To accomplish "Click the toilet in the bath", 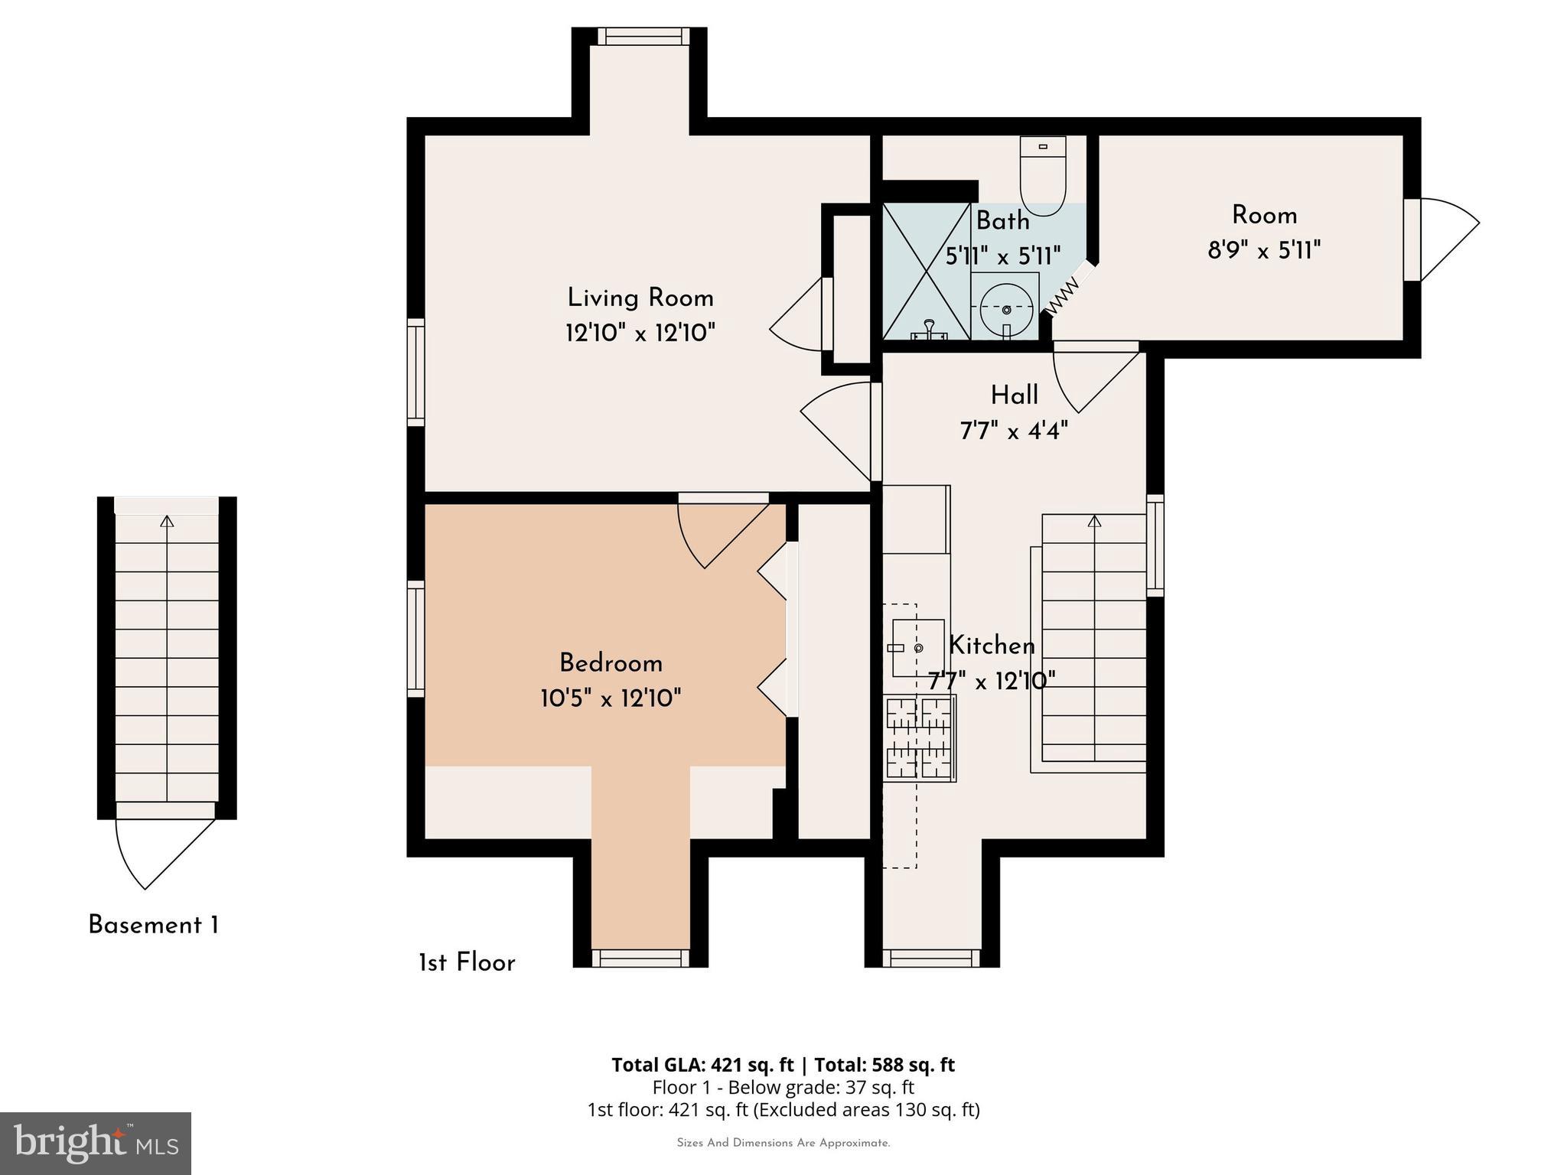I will click(x=1043, y=177).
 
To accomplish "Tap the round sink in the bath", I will click(x=1005, y=308).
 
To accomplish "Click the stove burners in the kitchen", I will click(x=919, y=737).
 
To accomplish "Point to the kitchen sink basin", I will click(x=917, y=648).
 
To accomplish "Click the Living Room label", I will click(x=640, y=298).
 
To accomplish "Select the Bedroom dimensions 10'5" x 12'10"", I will click(x=610, y=698).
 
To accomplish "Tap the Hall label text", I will click(x=1014, y=395).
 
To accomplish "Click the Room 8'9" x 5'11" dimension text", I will click(x=1263, y=250).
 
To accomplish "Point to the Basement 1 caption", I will click(x=153, y=926).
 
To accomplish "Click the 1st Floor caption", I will click(x=467, y=963).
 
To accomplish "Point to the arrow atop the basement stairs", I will click(x=167, y=522).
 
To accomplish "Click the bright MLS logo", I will click(x=96, y=1143).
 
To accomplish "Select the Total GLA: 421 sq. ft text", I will click(x=702, y=1065).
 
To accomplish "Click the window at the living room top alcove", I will click(x=639, y=36).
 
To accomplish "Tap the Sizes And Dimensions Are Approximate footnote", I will click(x=783, y=1143).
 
